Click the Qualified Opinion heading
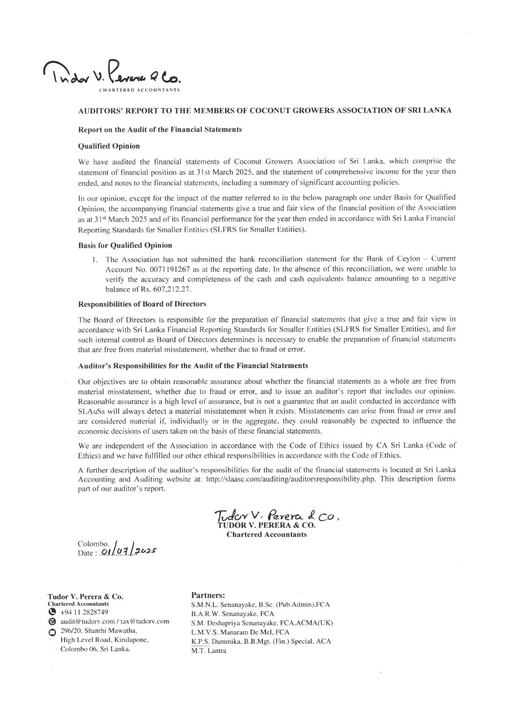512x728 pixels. pyautogui.click(x=109, y=146)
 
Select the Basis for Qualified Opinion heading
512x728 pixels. pyautogui.click(x=125, y=245)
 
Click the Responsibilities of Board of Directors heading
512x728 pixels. pyautogui.click(x=142, y=304)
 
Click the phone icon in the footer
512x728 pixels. pyautogui.click(x=52, y=612)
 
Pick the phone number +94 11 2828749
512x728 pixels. pyautogui.click(x=84, y=612)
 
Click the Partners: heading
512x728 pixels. pyautogui.click(x=208, y=595)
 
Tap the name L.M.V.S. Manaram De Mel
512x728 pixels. pyautogui.click(x=240, y=632)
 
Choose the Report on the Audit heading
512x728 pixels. pyautogui.click(x=160, y=129)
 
